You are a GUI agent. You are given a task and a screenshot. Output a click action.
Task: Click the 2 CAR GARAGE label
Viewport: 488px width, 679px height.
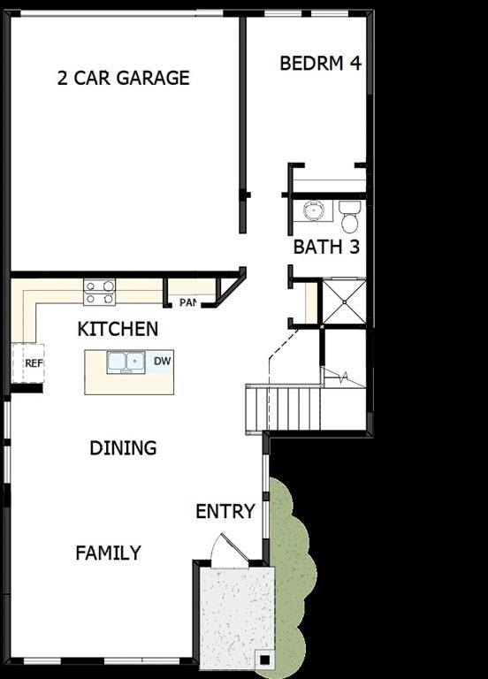tap(123, 78)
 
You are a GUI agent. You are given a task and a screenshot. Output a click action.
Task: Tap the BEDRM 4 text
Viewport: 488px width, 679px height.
tap(320, 64)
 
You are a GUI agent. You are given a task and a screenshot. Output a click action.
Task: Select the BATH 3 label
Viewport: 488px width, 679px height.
tap(326, 247)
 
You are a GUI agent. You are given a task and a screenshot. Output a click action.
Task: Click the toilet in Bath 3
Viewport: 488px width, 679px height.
tap(350, 214)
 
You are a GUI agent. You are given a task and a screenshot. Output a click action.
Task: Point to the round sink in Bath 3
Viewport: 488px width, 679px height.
tap(313, 210)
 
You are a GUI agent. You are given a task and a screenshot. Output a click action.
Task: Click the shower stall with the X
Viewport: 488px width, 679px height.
tap(343, 301)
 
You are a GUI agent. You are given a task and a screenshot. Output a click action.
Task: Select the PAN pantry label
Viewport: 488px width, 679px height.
tap(187, 302)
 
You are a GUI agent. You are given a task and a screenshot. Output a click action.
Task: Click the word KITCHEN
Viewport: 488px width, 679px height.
tap(118, 329)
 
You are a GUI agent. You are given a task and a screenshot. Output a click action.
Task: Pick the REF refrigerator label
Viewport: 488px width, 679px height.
tap(34, 362)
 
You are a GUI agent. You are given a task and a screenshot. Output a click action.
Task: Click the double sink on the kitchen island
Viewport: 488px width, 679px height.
tap(126, 361)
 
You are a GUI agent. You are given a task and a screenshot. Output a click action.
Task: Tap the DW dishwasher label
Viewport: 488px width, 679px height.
tap(162, 361)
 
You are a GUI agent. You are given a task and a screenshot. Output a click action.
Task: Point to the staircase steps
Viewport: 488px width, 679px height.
tap(282, 407)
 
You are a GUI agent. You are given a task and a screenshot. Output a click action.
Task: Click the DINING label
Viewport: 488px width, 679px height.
tap(123, 448)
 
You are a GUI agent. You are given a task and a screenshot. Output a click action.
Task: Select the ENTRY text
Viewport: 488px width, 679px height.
tap(225, 511)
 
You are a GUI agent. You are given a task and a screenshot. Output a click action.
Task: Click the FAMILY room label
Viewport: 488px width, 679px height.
tap(108, 553)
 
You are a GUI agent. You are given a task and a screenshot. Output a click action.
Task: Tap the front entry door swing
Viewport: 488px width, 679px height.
tap(225, 550)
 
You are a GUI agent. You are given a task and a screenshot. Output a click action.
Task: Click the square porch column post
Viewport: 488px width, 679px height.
tap(263, 659)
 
